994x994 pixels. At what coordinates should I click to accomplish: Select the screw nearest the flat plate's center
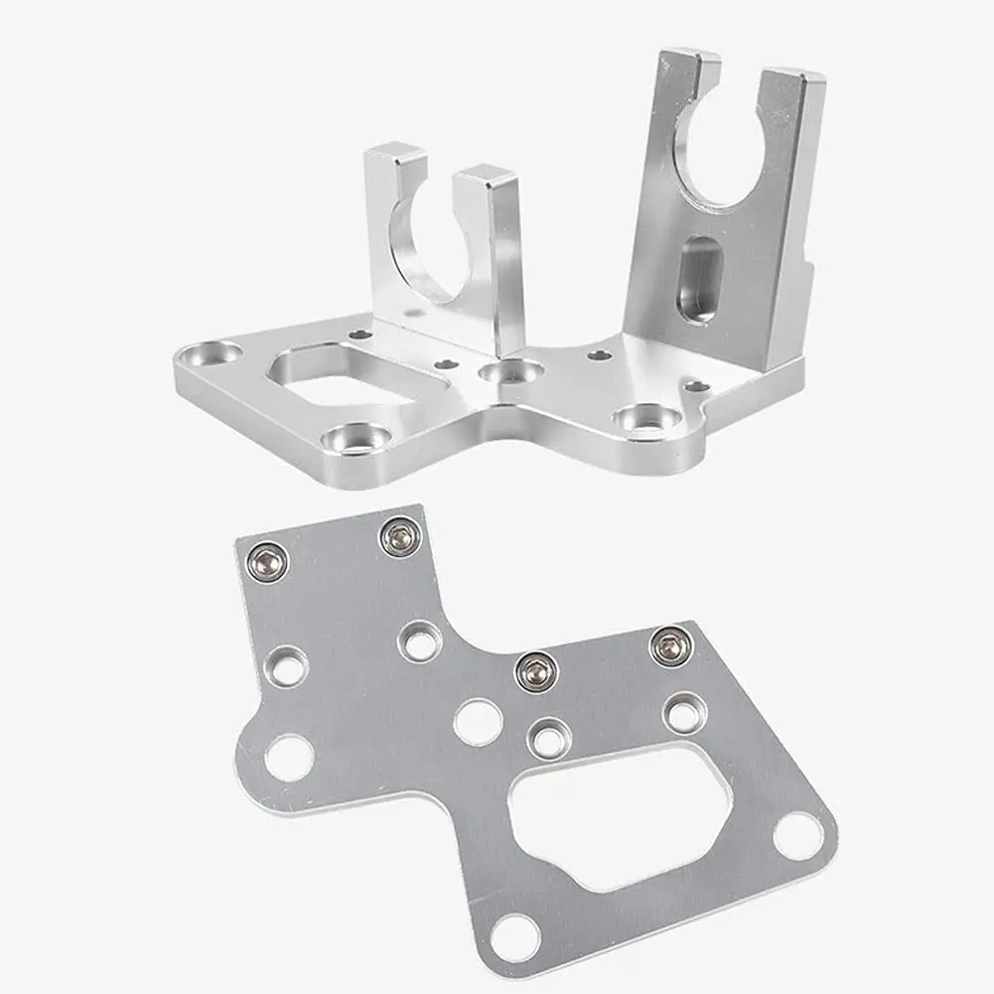tap(533, 672)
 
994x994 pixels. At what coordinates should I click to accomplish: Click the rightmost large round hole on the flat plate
tap(793, 835)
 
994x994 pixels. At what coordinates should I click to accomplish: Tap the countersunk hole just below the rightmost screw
tap(683, 712)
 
